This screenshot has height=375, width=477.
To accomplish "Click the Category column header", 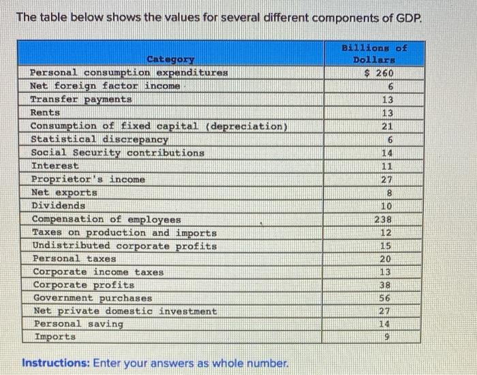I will pos(170,59).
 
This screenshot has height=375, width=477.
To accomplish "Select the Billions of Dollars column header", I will pos(374,54).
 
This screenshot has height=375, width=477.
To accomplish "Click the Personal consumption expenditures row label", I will pos(128,72).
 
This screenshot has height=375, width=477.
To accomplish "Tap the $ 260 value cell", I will pos(380,73).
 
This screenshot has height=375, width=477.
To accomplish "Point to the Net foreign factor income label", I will pos(106,86).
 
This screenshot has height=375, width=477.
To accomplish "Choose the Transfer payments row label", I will pos(81,100).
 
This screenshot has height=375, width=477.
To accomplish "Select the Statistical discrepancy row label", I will pos(99,139).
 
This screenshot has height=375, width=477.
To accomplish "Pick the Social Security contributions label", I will pos(118,153).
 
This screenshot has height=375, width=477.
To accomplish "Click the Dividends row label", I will pos(59,205).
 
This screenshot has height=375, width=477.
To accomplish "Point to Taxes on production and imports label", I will pos(125,232).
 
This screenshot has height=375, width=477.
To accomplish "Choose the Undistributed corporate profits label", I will pos(125,245).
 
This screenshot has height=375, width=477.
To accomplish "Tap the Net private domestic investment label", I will pos(125,311).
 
